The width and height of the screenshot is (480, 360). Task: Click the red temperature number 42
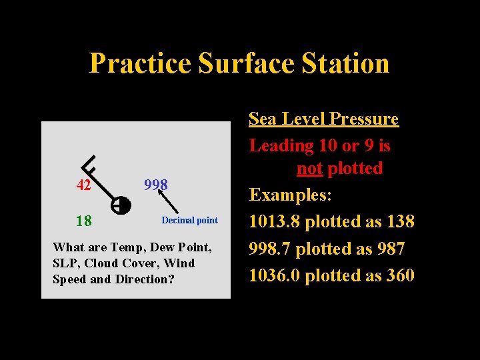(x=83, y=185)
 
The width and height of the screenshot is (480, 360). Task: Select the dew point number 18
(x=83, y=221)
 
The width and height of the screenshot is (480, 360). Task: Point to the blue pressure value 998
(x=156, y=184)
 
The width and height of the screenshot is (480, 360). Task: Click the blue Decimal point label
(x=189, y=221)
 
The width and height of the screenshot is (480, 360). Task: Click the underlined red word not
(x=309, y=168)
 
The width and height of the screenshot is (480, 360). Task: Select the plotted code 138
(x=400, y=221)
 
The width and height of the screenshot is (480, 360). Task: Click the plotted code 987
(x=391, y=249)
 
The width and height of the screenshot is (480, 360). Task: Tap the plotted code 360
(x=400, y=275)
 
